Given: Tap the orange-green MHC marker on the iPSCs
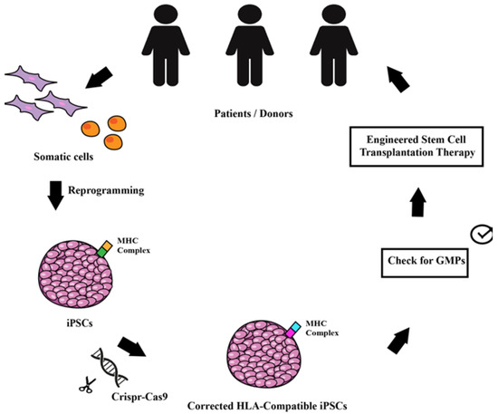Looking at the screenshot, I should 105,247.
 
